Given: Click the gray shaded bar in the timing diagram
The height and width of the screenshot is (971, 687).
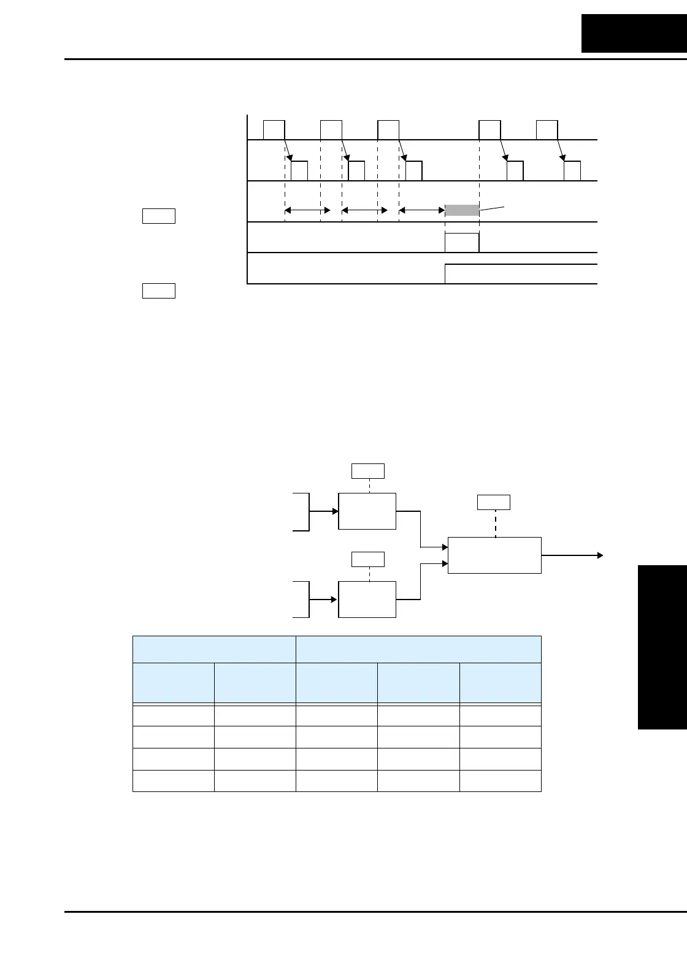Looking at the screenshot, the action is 462,210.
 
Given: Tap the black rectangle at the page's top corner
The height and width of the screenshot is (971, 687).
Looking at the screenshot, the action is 634,34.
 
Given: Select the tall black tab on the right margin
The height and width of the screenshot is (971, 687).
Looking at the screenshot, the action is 662,647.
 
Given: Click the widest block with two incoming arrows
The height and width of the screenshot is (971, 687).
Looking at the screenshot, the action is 494,555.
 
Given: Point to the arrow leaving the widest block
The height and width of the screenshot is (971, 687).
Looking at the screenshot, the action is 572,555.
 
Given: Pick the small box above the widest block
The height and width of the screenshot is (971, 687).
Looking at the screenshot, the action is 493,502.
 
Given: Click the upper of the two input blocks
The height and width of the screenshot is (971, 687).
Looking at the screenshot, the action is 367,511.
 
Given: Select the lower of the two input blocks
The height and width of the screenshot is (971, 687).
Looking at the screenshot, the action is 367,599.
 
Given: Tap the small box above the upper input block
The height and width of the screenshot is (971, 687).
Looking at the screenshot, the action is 367,471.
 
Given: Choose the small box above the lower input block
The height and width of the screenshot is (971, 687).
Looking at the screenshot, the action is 367,559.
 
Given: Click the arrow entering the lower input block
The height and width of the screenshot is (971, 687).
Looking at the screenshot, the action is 324,599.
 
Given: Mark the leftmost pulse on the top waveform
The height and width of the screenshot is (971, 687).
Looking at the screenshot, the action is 274,131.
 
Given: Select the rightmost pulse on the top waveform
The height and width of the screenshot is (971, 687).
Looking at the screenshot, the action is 547,131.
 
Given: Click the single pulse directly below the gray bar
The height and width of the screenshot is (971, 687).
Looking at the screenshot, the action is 462,243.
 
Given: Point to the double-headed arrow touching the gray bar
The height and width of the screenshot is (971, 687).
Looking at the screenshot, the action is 421,210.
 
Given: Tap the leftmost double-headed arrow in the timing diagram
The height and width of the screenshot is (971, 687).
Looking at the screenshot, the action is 307,210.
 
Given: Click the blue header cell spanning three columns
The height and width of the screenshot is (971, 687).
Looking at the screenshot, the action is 418,649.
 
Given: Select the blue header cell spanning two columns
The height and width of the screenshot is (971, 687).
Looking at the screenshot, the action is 214,649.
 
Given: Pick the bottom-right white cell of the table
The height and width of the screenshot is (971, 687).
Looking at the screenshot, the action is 500,780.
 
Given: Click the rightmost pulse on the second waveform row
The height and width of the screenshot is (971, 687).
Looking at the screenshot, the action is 572,171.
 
